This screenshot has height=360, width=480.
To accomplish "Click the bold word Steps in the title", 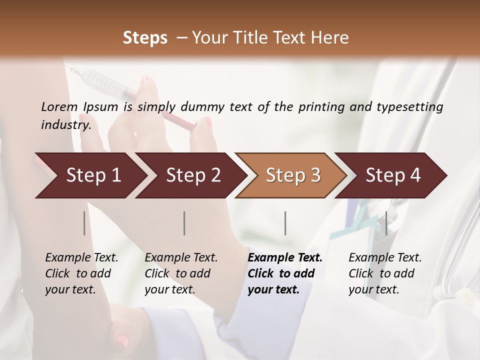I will coord(145,38).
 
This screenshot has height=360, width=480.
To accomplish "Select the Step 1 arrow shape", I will coord(90,175).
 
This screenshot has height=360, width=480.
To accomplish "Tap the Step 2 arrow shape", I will coord(192,175).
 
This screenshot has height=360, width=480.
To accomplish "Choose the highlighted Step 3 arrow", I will coord(292,175).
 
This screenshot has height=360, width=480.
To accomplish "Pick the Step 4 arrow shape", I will coord(393,175).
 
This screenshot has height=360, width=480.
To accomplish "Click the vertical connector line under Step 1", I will coord(84,223).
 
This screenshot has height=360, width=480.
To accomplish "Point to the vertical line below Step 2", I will coord(184,223).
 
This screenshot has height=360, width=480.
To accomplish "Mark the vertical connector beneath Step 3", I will coord(285,223).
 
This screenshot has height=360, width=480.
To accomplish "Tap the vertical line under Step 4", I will coord(386,223).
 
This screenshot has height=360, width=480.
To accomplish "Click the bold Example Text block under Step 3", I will coord(284,273).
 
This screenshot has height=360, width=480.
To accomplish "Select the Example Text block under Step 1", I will coord(81,273).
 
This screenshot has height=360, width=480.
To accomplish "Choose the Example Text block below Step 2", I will coord(181,273).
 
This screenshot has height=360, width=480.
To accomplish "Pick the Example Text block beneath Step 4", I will coord(384,273).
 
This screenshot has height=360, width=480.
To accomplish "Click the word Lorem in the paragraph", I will coord(59,106).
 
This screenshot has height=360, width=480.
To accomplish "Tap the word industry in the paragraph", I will coord(65,125).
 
